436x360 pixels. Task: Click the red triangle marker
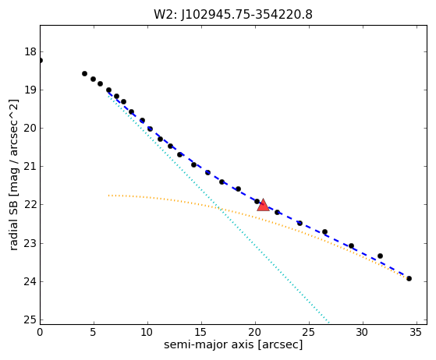pos(263,205)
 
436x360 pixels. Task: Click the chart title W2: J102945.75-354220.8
pos(233,15)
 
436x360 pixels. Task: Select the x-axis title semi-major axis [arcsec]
pos(233,344)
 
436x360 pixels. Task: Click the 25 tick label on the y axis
pos(30,319)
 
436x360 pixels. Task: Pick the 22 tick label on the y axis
pos(30,205)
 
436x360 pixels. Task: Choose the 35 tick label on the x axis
pos(417,332)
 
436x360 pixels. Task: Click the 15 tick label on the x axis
pos(201,332)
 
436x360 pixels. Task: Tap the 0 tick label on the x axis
pos(40,332)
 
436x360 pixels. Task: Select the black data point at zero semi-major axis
pos(41,60)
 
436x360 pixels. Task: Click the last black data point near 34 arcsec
pos(409,278)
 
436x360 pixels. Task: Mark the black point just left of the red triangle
pos(257,201)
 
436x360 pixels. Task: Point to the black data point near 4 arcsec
pos(84,73)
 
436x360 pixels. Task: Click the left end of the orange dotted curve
pos(108,196)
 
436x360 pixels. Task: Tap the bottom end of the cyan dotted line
pos(329,323)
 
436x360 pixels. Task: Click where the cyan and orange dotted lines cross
pos(219,208)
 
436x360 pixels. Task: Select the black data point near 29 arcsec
pos(351,245)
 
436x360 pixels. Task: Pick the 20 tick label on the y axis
pos(30,129)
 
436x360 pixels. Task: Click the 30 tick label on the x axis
pos(363,332)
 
